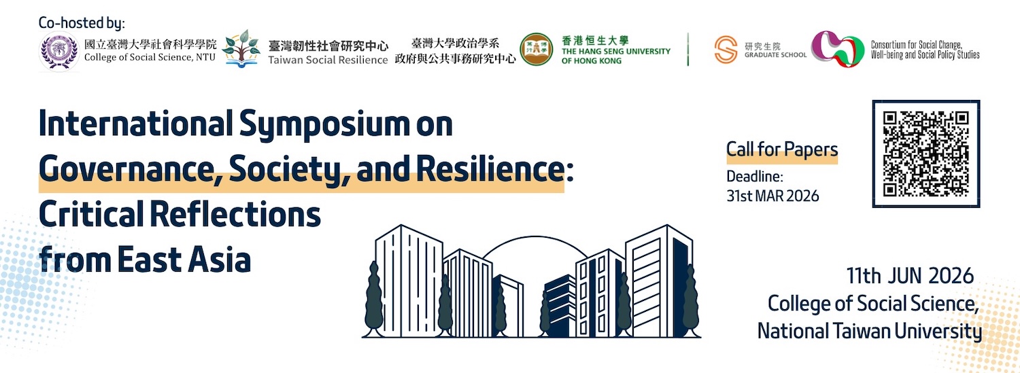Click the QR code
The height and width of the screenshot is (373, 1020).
pyautogui.click(x=925, y=154)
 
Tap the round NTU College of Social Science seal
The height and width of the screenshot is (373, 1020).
pyautogui.click(x=59, y=51)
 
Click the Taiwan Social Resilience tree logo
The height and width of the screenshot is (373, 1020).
pyautogui.click(x=241, y=49)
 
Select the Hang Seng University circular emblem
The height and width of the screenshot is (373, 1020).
pyautogui.click(x=537, y=49)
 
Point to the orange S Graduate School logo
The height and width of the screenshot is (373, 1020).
pyautogui.click(x=726, y=50)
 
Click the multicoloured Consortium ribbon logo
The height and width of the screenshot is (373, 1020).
pyautogui.click(x=838, y=49)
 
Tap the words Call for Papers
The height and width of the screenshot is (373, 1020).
pyautogui.click(x=782, y=149)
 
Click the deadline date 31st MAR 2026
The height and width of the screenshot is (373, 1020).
pyautogui.click(x=772, y=196)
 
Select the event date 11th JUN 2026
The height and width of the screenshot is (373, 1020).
pyautogui.click(x=910, y=276)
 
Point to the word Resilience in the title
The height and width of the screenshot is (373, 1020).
pyautogui.click(x=490, y=168)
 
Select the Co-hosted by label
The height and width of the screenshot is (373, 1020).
pyautogui.click(x=82, y=22)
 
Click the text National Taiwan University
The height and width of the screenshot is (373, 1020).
pyautogui.click(x=869, y=332)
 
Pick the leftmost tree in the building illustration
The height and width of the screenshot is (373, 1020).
pyautogui.click(x=374, y=300)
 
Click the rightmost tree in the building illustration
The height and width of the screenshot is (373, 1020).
pyautogui.click(x=690, y=301)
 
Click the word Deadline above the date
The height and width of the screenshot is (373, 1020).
pyautogui.click(x=755, y=177)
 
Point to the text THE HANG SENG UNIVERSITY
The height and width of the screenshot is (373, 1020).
pyautogui.click(x=615, y=52)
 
